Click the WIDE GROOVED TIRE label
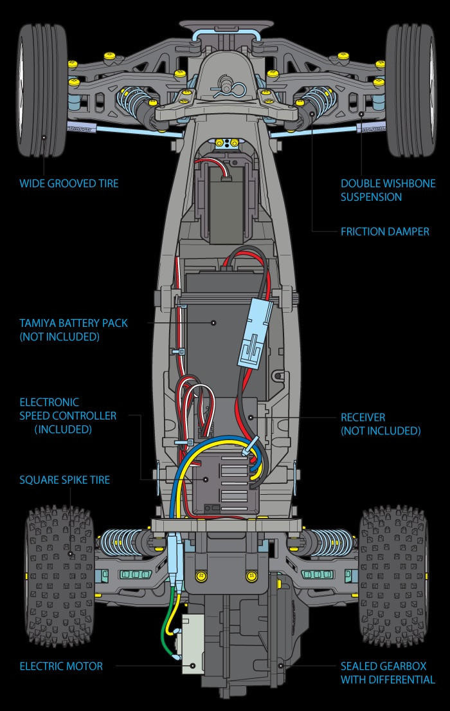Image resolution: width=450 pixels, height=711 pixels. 69,183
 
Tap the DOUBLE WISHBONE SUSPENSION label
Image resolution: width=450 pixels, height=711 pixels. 388,190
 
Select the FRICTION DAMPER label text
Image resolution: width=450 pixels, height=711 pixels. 384,232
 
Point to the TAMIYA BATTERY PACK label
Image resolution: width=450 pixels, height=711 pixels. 73,329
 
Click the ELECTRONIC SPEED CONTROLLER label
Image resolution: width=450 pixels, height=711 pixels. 68,416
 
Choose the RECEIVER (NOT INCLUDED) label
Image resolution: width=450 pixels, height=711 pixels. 381,424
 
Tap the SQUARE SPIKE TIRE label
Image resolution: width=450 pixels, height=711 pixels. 65,480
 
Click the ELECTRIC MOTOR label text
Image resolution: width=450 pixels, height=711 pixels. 61,666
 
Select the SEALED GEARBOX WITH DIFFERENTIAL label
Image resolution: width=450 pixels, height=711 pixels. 388,673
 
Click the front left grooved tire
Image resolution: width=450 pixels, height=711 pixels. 42,91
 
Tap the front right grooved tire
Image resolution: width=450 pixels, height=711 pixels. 411,91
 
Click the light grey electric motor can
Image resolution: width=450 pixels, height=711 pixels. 192,644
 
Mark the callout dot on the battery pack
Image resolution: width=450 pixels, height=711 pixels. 213,323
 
